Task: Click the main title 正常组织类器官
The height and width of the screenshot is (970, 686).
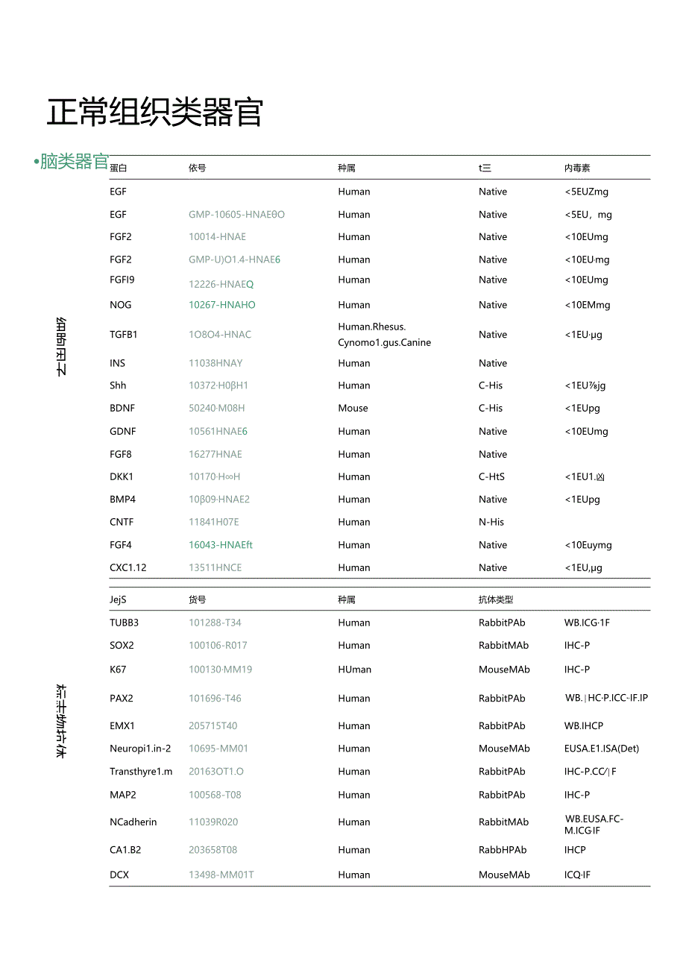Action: tap(154, 113)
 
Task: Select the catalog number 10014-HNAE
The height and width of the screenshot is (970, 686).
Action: tap(217, 237)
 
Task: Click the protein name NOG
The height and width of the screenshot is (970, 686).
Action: tap(120, 305)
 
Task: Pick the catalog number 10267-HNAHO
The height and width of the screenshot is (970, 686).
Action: tap(221, 305)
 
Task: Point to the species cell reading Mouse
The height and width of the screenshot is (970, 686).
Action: tap(353, 409)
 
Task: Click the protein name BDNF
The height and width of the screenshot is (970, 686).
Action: tap(122, 409)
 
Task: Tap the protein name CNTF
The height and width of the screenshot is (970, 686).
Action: tap(122, 522)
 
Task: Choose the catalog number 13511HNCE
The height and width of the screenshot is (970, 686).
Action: tap(215, 567)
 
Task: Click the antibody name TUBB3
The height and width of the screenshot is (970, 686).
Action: tap(124, 623)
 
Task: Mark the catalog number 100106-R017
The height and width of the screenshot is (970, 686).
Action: tap(218, 646)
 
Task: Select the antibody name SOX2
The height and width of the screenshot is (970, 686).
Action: tap(122, 646)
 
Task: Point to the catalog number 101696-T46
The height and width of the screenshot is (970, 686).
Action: tap(215, 699)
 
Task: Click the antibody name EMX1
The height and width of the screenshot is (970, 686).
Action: tap(122, 725)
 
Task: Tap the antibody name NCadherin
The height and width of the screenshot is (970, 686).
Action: tap(133, 822)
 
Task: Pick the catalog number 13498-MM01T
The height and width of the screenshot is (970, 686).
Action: tap(221, 875)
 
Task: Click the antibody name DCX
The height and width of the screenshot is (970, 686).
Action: tap(119, 875)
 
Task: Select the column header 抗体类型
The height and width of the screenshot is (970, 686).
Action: tap(496, 599)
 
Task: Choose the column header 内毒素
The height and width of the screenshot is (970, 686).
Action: tap(577, 169)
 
